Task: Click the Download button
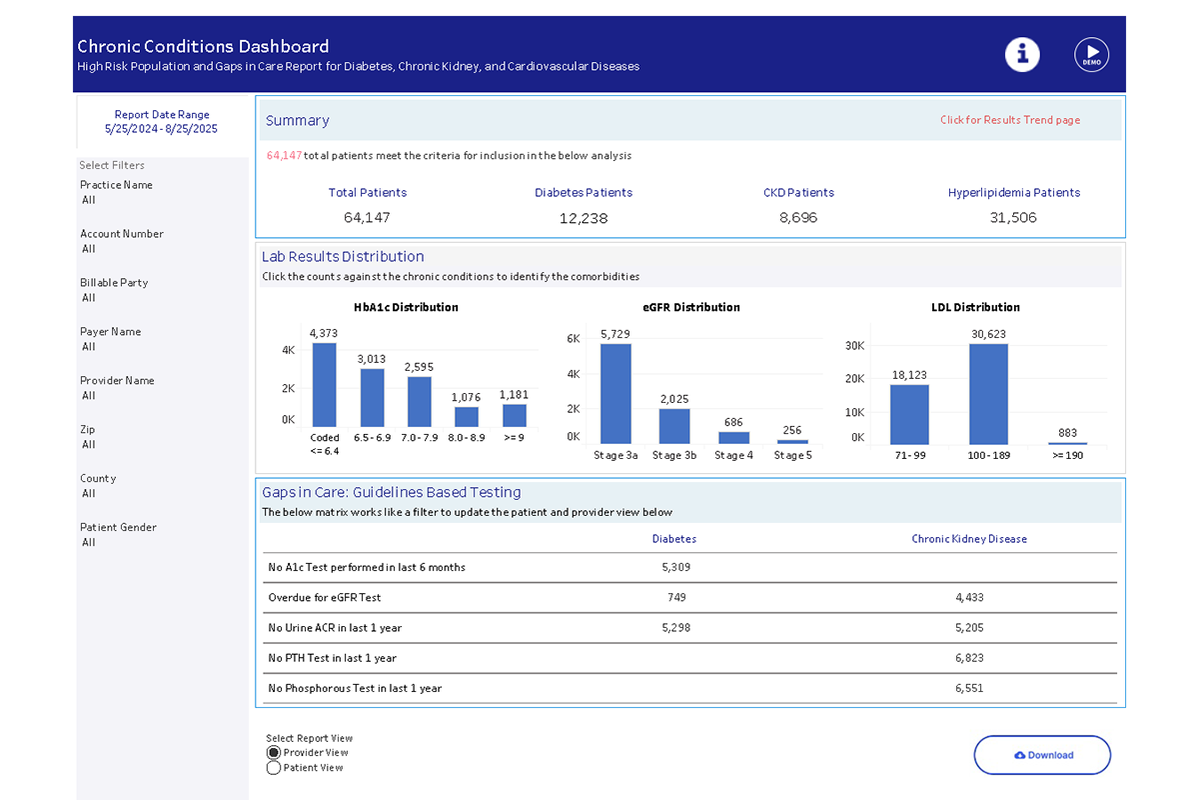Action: [1042, 755]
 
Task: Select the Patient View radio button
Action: [274, 768]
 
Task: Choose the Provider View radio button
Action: [274, 753]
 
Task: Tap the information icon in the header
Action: [1022, 54]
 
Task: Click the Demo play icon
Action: [1091, 54]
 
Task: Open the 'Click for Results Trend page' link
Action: [1009, 120]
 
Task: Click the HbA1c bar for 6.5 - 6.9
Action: [373, 398]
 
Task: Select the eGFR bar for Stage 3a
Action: [615, 393]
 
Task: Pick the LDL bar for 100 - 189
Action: [988, 393]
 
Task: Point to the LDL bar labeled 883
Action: [1067, 442]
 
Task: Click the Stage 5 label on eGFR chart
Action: [792, 456]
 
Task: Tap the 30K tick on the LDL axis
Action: [854, 345]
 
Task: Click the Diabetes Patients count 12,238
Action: [584, 218]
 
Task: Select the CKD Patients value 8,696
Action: [797, 218]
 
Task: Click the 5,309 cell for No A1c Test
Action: [676, 567]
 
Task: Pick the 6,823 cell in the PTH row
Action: [969, 658]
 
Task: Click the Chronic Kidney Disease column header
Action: [969, 539]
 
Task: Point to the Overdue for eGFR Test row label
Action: [324, 598]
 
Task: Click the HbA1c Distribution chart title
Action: [406, 308]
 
